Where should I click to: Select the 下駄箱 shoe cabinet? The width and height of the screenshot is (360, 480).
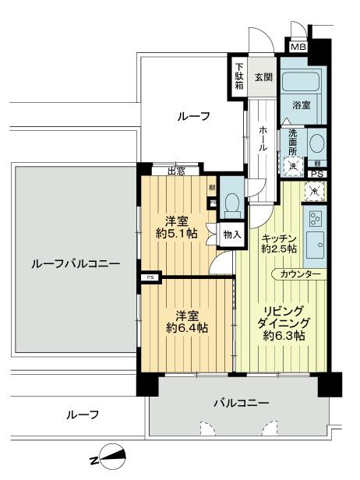point(240,76)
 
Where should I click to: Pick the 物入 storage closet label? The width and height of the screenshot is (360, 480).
point(231,234)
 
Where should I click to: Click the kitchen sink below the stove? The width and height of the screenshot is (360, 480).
point(316,245)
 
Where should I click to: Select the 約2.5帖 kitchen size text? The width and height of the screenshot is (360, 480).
point(277,249)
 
